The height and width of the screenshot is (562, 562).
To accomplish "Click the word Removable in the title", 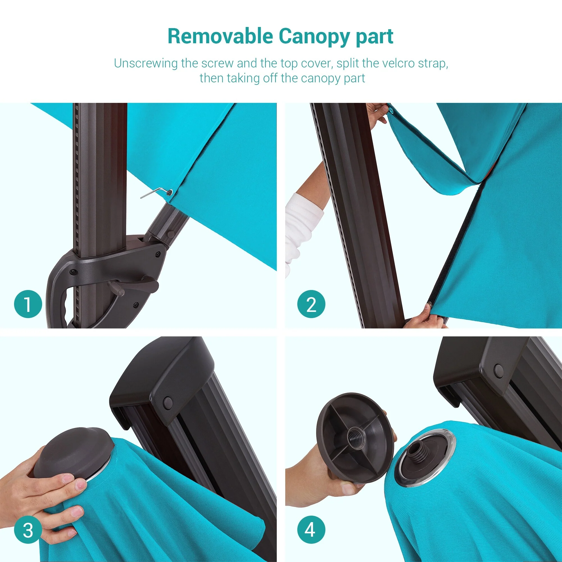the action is (x=220, y=36).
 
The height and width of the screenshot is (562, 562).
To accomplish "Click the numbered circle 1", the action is (x=28, y=304).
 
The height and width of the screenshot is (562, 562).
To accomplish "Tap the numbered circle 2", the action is (x=311, y=304).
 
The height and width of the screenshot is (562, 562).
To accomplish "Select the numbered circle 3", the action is (x=28, y=530).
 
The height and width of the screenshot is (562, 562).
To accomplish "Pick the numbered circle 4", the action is (x=311, y=530).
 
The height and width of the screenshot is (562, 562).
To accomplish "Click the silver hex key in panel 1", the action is (x=156, y=192).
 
